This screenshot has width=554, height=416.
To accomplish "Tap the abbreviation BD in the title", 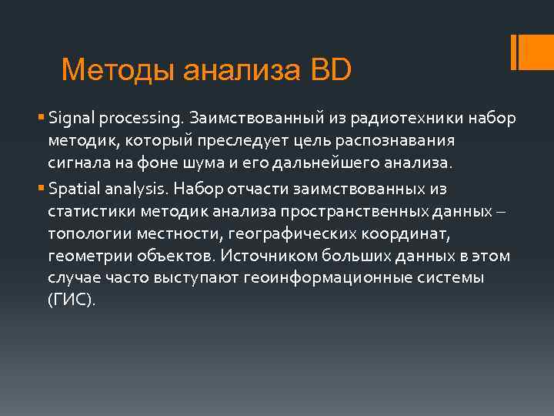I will pyautogui.click(x=331, y=70).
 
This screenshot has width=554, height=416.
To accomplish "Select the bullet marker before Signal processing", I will pyautogui.click(x=40, y=119).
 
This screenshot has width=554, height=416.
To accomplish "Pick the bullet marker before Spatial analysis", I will pyautogui.click(x=40, y=189).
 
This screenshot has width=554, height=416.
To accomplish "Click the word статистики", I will pyautogui.click(x=85, y=212).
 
